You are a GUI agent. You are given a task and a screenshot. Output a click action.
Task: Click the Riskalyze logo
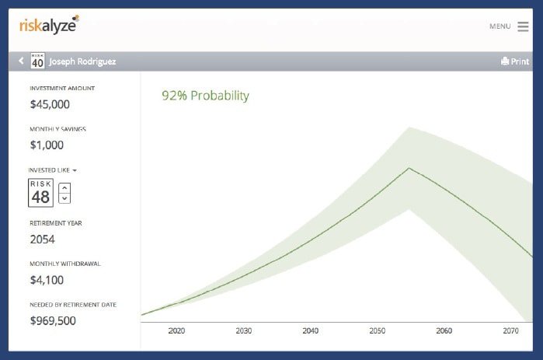click(49, 25)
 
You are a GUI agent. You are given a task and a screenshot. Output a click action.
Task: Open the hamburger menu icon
click(523, 26)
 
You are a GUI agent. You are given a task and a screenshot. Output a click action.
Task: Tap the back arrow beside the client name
click(21, 61)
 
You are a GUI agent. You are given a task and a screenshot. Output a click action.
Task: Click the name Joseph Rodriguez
click(82, 61)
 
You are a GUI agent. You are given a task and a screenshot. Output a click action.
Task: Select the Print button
click(515, 61)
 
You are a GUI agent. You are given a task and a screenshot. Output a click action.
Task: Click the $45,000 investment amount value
click(50, 104)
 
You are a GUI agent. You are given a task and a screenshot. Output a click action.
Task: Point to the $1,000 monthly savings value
click(47, 145)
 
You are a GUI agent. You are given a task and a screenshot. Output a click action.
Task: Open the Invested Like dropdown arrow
click(75, 170)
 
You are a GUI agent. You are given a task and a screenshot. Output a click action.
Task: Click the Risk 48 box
click(41, 193)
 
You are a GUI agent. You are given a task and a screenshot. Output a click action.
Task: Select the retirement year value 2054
click(42, 239)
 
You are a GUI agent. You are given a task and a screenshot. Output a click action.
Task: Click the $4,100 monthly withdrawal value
click(47, 280)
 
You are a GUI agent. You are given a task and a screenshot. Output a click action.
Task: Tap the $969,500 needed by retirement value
click(53, 320)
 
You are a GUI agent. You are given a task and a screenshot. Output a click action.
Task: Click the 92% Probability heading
click(205, 96)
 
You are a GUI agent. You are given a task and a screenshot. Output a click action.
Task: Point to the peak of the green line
click(409, 168)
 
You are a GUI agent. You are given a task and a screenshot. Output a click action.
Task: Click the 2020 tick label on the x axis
click(176, 331)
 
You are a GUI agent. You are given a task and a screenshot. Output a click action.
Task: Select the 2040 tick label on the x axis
click(310, 331)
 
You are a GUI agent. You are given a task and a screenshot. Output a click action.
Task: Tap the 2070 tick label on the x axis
click(511, 331)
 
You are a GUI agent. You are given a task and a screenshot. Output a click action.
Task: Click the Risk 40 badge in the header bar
click(37, 61)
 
